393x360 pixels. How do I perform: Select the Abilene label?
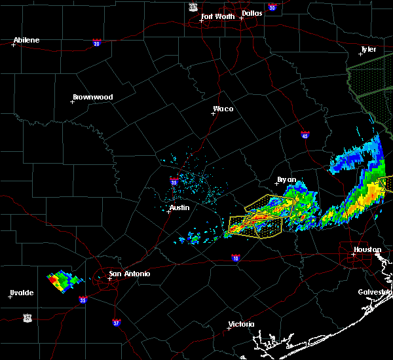click(x=26, y=40)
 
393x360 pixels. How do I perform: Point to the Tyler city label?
click(x=369, y=49)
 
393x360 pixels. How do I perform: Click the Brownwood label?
click(x=92, y=97)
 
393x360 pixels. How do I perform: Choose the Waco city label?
click(x=223, y=109)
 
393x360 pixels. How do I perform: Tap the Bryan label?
click(x=286, y=179)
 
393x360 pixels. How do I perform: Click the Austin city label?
click(x=179, y=207)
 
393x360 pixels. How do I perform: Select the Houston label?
click(x=367, y=249)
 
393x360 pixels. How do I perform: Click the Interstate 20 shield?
click(x=97, y=43)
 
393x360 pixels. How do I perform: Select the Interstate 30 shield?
click(x=271, y=7)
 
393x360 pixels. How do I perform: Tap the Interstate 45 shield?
click(x=305, y=134)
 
